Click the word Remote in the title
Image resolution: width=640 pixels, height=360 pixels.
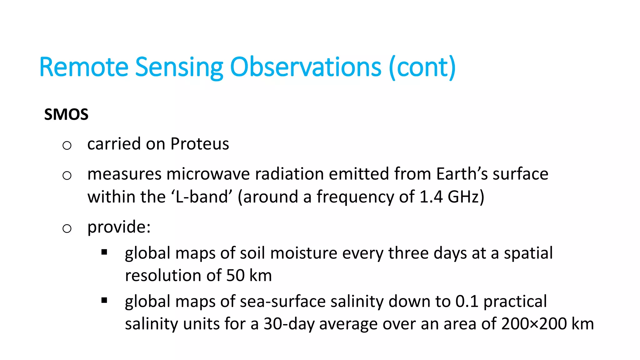tap(84, 67)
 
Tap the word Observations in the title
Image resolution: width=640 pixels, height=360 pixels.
tap(306, 67)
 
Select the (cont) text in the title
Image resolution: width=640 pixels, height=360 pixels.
tap(422, 67)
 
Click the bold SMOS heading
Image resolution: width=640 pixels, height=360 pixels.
tap(66, 114)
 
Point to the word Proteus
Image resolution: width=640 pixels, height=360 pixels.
tap(200, 144)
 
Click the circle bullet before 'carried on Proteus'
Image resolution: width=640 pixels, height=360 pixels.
tap(67, 145)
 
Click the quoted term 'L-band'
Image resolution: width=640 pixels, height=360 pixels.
tap(202, 197)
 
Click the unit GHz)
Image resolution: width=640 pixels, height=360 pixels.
tap(466, 197)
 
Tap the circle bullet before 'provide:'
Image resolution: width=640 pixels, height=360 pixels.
tap(67, 228)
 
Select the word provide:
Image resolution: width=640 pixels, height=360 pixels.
tap(119, 227)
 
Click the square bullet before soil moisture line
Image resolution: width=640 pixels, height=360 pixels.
tap(104, 252)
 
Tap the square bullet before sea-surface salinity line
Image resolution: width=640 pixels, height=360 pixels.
tap(104, 301)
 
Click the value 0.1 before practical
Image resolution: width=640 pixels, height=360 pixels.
tap(467, 302)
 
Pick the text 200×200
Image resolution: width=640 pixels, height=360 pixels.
tap(534, 324)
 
